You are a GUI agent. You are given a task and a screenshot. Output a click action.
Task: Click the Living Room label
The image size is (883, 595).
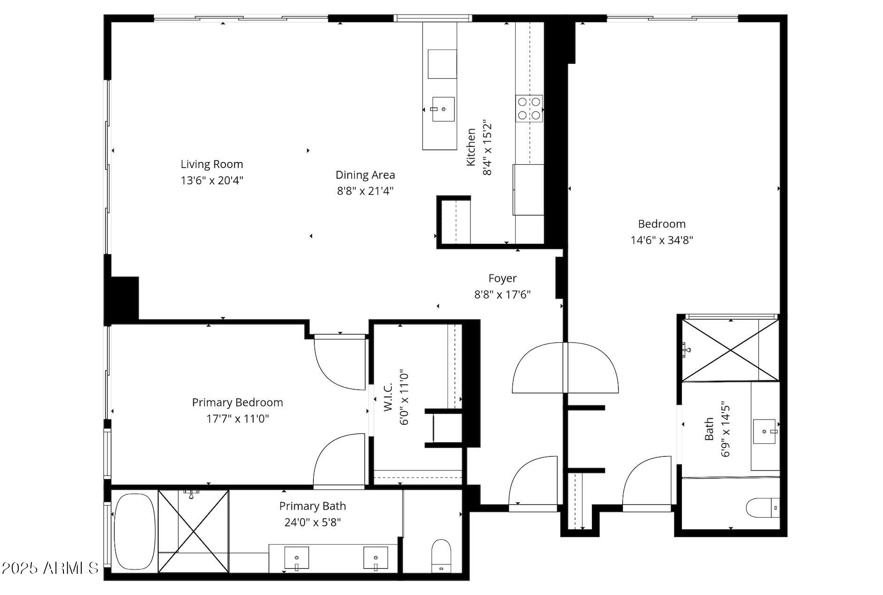[x=212, y=164]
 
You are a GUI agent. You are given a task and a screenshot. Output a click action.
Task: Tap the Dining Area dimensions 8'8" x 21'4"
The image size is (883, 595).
[x=365, y=191]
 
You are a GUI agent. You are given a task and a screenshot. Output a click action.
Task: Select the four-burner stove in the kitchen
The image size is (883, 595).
[x=529, y=108]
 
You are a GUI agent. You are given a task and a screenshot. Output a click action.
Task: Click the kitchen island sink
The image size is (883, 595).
[x=443, y=109]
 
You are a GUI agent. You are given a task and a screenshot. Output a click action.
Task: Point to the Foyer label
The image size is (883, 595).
[x=502, y=278]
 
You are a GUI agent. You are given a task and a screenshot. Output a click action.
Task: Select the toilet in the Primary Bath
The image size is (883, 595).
[x=441, y=555]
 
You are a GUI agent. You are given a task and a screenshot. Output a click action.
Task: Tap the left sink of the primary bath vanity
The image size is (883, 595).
[x=296, y=557]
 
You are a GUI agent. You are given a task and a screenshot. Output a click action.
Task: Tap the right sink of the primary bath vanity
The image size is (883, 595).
[x=376, y=557]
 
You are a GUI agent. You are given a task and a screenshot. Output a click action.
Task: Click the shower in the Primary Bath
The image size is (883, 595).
[x=194, y=531]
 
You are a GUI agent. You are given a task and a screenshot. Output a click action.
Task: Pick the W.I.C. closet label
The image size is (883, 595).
[x=388, y=397]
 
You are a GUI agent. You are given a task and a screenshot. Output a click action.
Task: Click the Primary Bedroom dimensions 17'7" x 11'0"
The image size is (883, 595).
[x=238, y=419]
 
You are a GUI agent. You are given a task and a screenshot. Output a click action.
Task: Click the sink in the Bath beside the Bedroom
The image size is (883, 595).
[x=765, y=431]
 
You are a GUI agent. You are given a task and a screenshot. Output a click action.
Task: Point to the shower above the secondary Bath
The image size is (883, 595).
[x=730, y=350]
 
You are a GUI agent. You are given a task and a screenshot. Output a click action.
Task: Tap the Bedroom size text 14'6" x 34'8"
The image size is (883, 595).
[x=661, y=240]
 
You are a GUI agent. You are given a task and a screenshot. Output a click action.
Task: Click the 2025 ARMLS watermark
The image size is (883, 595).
[x=50, y=568]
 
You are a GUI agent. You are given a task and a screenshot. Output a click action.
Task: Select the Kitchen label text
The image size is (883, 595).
[x=471, y=147]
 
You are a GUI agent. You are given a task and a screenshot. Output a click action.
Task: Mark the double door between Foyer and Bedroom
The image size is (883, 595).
[x=565, y=368]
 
